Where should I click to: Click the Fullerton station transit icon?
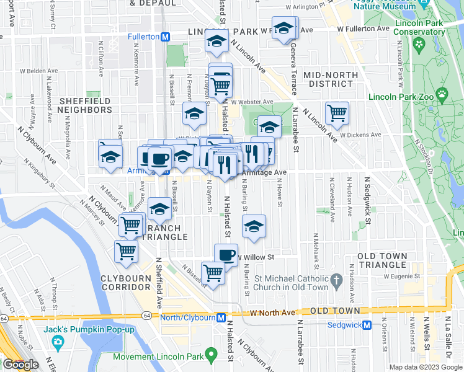[166, 37]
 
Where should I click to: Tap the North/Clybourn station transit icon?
[221, 318]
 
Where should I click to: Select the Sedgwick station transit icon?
[367, 325]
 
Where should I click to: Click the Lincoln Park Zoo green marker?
[442, 95]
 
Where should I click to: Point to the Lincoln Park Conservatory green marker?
[419, 44]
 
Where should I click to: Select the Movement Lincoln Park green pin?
[211, 356]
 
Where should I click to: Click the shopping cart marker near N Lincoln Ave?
[337, 112]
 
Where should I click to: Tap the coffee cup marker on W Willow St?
[226, 254]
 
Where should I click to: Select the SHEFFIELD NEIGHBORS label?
[85, 105]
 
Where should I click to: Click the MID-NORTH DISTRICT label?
[331, 79]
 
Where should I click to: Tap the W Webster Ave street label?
[252, 102]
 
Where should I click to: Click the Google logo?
[20, 365]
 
